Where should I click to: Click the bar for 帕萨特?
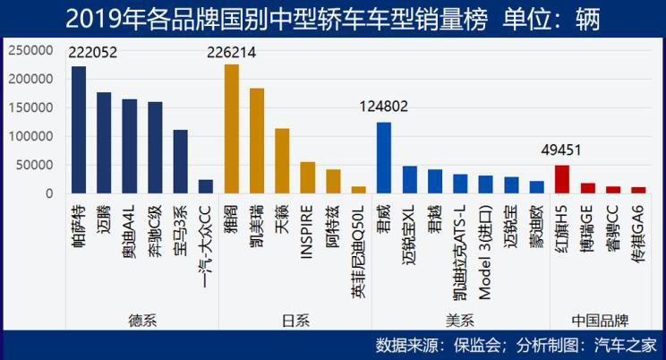coord(78,130)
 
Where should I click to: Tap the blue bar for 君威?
coord(383,158)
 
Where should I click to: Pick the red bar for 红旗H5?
coord(562,179)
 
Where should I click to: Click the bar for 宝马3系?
coord(180,161)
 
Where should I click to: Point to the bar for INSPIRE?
coord(307,177)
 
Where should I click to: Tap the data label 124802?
coord(383,107)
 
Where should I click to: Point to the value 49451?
coord(560,150)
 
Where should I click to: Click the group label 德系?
coord(142,319)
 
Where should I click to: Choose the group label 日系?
coord(295,319)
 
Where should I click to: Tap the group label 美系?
coord(459,319)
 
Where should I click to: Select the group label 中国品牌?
coord(599,319)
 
